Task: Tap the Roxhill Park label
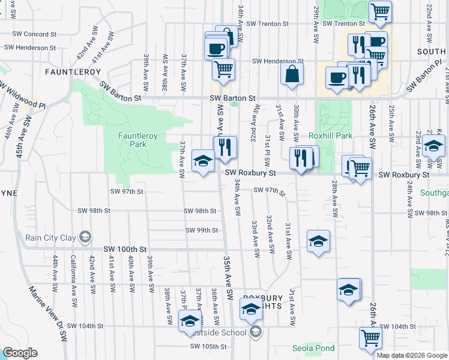(x=330, y=136)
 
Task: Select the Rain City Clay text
(x=50, y=238)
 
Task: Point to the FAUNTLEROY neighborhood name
(x=68, y=71)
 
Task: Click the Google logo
(x=19, y=353)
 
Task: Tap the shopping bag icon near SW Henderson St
(x=292, y=74)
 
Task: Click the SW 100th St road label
(x=125, y=248)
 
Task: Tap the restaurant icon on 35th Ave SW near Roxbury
(x=225, y=147)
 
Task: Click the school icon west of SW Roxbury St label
(x=203, y=160)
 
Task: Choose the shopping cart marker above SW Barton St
(x=223, y=68)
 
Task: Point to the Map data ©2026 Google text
(x=411, y=355)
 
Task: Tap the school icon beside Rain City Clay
(x=86, y=238)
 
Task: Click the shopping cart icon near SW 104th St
(x=370, y=337)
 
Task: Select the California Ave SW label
(x=73, y=274)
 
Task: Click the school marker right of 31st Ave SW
(x=318, y=241)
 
